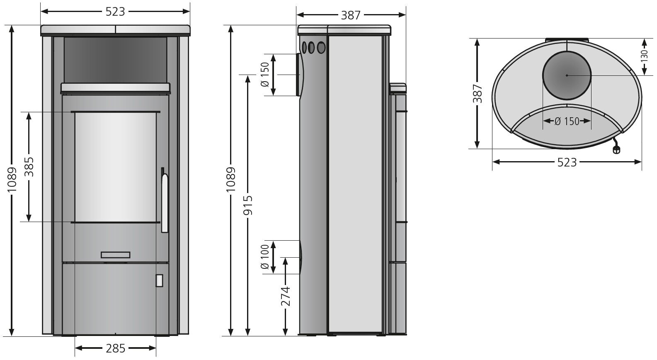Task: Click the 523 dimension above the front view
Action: [x=115, y=12]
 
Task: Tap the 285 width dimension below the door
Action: [x=115, y=348]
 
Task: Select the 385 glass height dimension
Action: [x=29, y=167]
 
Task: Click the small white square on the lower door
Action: [x=159, y=280]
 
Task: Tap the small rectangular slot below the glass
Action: [x=116, y=255]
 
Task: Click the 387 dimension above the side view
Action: [x=350, y=15]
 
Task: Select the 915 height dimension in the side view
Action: [x=247, y=205]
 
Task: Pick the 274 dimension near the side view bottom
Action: [x=285, y=296]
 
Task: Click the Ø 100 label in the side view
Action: [x=266, y=257]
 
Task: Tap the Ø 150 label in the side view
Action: [x=266, y=75]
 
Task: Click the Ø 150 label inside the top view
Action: [x=567, y=121]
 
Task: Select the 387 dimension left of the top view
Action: [x=478, y=94]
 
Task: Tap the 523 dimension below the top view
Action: [x=567, y=162]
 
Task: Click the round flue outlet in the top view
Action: [x=567, y=75]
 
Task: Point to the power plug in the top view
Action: [x=616, y=150]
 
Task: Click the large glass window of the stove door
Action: [x=116, y=167]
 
